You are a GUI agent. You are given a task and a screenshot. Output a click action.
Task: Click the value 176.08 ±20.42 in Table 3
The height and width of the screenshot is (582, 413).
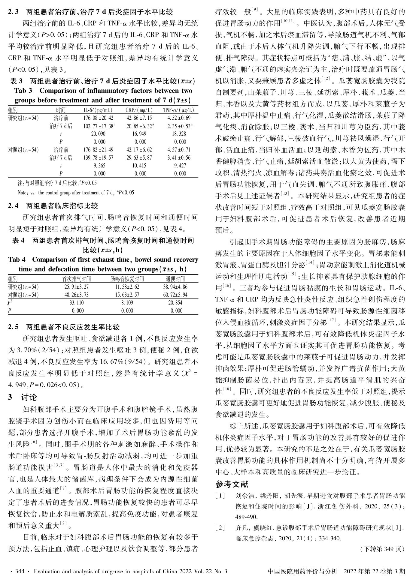pos(98,118)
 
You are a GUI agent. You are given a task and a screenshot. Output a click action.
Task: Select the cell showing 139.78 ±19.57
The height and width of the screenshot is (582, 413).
pos(98,158)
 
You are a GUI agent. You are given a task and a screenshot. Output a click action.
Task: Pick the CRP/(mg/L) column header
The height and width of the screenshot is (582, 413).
pos(139,110)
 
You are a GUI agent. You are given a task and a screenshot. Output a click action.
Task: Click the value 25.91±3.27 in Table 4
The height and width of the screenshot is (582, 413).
pos(77,287)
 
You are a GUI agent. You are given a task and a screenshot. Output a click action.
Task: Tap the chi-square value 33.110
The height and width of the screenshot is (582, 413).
pos(77,303)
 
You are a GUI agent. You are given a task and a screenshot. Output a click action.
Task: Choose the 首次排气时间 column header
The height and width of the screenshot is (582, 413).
pos(77,279)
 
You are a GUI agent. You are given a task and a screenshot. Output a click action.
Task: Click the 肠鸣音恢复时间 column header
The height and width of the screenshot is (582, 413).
pos(127,279)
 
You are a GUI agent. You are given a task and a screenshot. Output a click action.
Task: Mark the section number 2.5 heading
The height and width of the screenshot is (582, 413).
pos(13,327)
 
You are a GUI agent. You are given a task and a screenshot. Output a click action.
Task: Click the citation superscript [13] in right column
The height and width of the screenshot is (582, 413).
pos(284,195)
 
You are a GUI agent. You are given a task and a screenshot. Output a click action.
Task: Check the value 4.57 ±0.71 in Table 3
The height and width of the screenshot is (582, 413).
pos(180,150)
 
